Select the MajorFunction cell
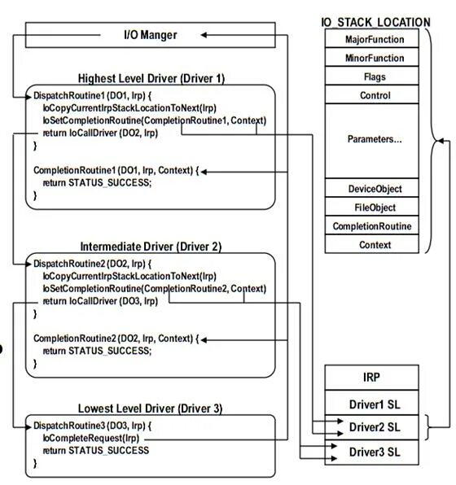(375, 39)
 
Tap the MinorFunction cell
(375, 58)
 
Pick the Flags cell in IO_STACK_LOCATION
(375, 77)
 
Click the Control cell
(375, 95)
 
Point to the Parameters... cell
(375, 139)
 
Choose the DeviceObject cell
(375, 189)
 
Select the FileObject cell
(375, 207)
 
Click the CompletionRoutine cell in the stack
(375, 225)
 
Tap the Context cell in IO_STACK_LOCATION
(375, 244)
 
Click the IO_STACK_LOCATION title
(375, 22)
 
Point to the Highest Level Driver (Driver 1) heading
(151, 78)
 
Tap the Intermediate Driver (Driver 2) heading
(151, 246)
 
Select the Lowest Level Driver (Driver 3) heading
(151, 408)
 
